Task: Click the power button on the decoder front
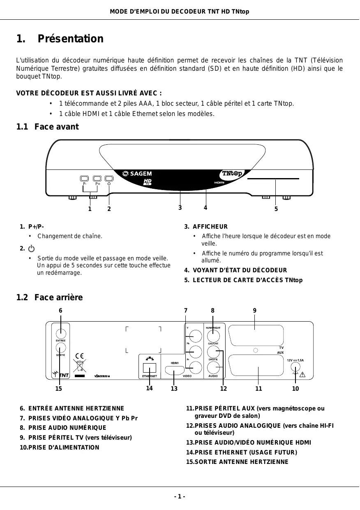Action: click(x=109, y=178)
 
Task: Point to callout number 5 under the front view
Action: click(x=276, y=209)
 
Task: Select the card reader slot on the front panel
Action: click(x=273, y=179)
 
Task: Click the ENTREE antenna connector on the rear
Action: click(x=60, y=331)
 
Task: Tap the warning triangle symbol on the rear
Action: click(x=304, y=374)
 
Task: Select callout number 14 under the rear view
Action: click(x=149, y=388)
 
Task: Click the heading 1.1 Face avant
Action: click(x=47, y=127)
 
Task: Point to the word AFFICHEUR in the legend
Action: click(x=210, y=227)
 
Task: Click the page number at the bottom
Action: click(x=180, y=496)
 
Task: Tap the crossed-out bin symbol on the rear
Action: click(x=80, y=366)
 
